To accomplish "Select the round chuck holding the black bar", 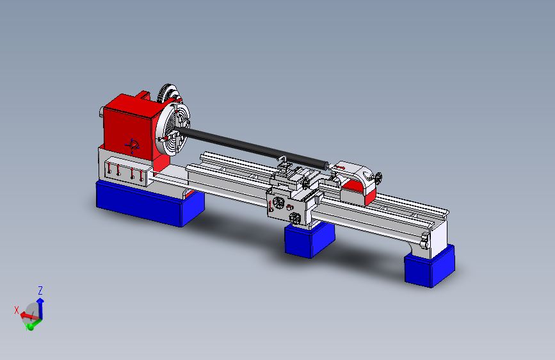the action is (x=173, y=127).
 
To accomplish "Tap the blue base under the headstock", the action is (x=149, y=203).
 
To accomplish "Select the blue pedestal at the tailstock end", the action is (x=430, y=265).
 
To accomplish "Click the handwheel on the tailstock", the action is (x=379, y=178).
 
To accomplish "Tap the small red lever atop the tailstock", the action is (x=340, y=168).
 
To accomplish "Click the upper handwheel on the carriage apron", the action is (x=278, y=203).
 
